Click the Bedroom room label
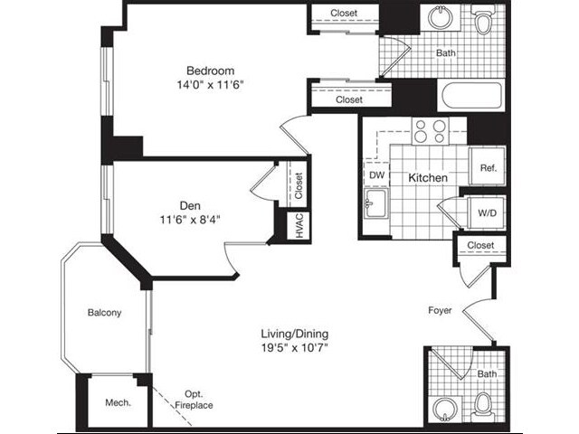211,71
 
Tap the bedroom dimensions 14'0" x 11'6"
211,85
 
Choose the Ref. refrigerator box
488,168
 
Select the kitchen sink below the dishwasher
375,206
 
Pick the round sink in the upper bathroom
441,17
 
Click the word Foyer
441,311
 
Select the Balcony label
104,313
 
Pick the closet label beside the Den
298,184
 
